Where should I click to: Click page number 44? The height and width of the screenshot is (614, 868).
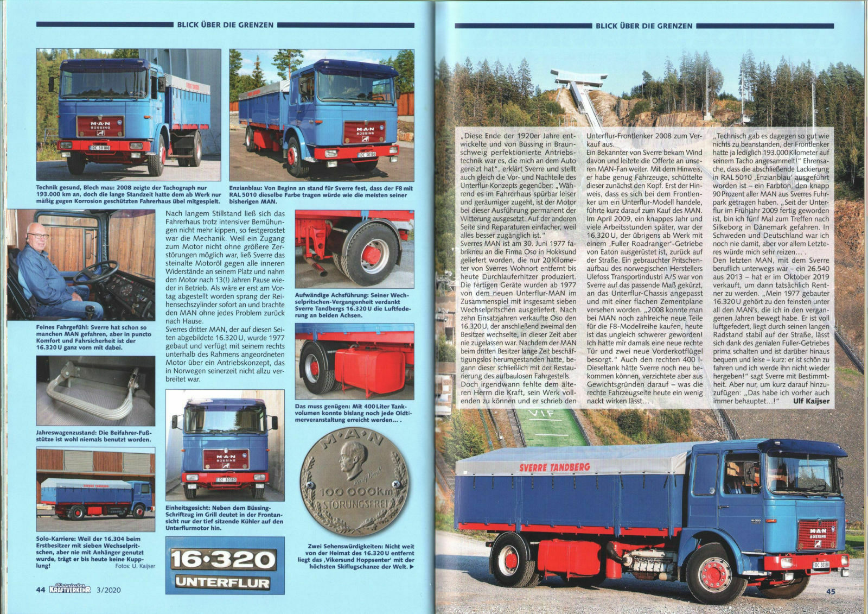[x=40, y=590]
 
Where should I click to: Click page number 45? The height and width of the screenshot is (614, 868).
[x=831, y=592]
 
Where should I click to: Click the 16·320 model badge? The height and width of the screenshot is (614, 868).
[x=224, y=559]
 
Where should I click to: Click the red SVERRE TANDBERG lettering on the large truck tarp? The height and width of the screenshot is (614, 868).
[x=554, y=467]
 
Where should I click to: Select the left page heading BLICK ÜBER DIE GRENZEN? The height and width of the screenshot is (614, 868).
[x=225, y=24]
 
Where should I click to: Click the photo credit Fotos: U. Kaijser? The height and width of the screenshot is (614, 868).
[x=135, y=566]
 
